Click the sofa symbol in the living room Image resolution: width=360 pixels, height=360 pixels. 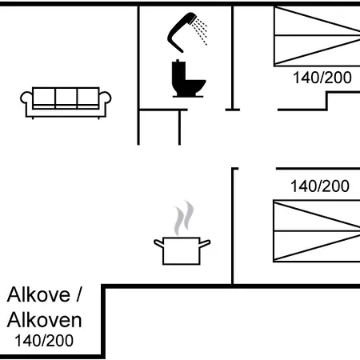[66, 102]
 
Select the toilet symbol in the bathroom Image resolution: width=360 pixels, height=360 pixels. [188, 78]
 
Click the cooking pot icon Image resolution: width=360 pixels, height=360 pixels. [182, 250]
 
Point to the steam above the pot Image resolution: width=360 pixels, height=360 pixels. [183, 218]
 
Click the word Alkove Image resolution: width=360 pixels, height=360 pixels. [38, 294]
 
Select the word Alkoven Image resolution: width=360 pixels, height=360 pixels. [44, 320]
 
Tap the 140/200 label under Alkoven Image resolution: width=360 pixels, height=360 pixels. [44, 341]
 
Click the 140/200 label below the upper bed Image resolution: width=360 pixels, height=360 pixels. [322, 78]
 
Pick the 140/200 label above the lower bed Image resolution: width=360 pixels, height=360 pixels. [320, 186]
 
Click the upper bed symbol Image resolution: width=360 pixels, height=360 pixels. [317, 36]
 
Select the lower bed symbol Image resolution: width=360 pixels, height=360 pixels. [317, 231]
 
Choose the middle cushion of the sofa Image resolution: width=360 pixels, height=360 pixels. [66, 98]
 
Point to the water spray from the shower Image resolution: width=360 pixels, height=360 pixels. [200, 30]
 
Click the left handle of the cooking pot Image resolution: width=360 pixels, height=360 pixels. [158, 243]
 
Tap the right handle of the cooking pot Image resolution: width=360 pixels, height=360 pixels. [205, 243]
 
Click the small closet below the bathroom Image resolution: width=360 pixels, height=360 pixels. [159, 127]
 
